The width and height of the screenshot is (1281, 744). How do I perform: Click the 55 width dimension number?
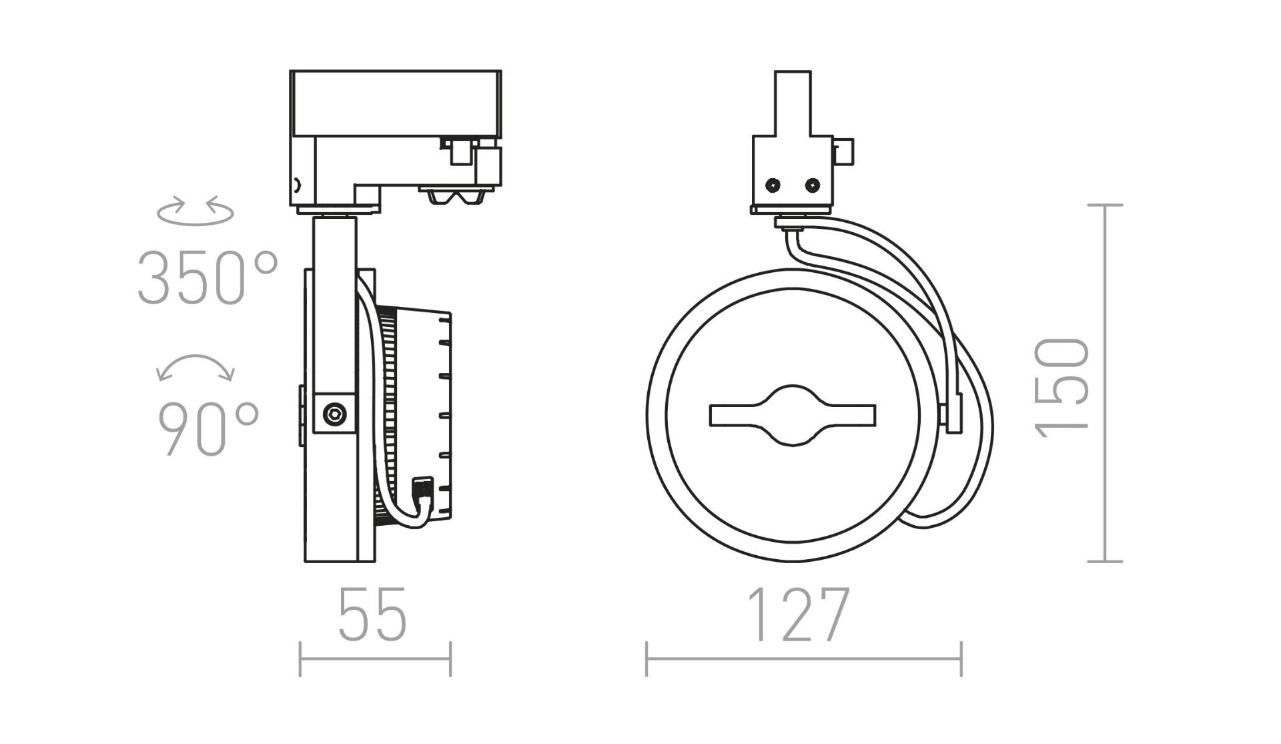click(372, 615)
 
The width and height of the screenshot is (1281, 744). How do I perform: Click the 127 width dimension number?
click(798, 615)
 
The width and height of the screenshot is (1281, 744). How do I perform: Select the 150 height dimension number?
click(1063, 388)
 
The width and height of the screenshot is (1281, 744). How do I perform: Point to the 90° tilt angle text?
click(208, 428)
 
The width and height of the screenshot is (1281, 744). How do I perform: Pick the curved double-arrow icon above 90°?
click(195, 368)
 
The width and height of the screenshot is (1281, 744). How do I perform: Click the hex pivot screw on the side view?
click(335, 414)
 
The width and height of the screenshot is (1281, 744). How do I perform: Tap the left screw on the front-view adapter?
click(773, 184)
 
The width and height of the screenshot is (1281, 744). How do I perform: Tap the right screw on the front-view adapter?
click(812, 184)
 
